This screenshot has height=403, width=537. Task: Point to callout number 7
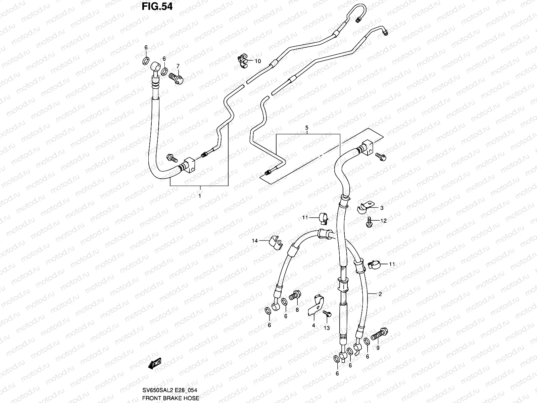pos(178,66)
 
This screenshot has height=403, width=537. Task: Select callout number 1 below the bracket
pos(199,196)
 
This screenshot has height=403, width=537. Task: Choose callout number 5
pos(306,128)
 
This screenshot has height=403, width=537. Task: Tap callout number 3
pos(382,208)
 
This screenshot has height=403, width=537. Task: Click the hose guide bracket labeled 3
pos(364,207)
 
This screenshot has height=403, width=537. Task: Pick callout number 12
pos(384,221)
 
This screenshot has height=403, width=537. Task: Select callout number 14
pos(255,240)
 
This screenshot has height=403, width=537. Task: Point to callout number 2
pos(380,294)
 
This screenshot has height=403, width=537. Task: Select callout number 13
pos(327,328)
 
